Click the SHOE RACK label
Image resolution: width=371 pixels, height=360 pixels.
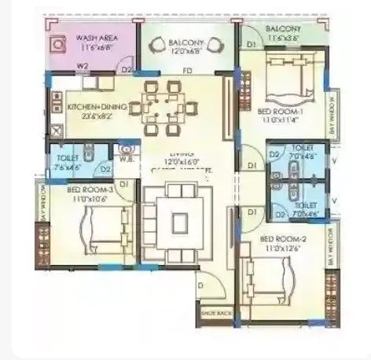219,313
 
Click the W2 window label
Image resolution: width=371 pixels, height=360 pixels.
82,67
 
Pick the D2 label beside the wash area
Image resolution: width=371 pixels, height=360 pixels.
126,70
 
